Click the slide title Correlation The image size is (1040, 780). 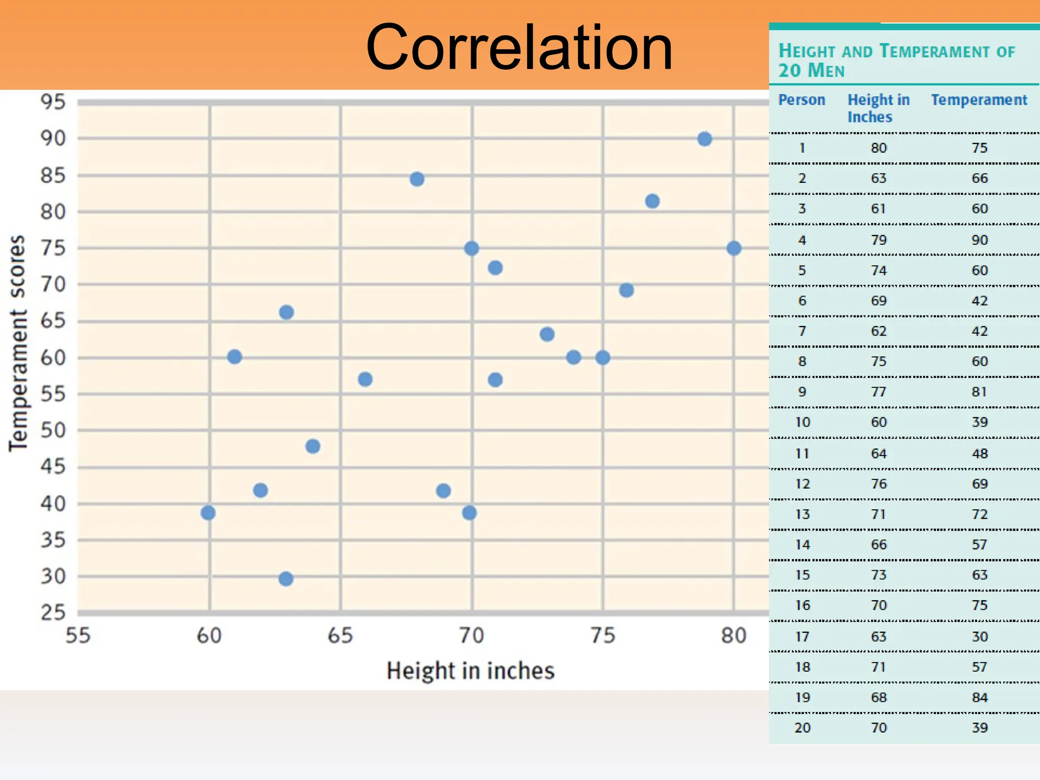519,48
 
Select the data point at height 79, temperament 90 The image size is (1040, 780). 704,139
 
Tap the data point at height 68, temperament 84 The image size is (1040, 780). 417,179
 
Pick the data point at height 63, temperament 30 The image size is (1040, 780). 286,578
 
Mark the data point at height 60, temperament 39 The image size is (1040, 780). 208,513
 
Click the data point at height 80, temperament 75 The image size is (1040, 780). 734,248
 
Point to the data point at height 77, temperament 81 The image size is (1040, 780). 653,202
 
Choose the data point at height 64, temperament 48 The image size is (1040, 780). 313,446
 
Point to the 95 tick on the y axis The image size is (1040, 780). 53,102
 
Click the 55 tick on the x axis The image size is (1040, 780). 78,636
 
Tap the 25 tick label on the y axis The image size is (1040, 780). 53,613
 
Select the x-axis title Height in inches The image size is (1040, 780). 470,671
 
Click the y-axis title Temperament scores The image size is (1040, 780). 18,343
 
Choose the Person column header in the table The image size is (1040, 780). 801,100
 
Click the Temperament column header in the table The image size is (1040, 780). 979,100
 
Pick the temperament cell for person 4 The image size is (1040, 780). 980,240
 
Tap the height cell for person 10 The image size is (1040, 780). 879,422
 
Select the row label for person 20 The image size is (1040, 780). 802,728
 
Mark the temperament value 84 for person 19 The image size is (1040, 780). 980,698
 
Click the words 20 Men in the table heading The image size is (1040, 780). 811,71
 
